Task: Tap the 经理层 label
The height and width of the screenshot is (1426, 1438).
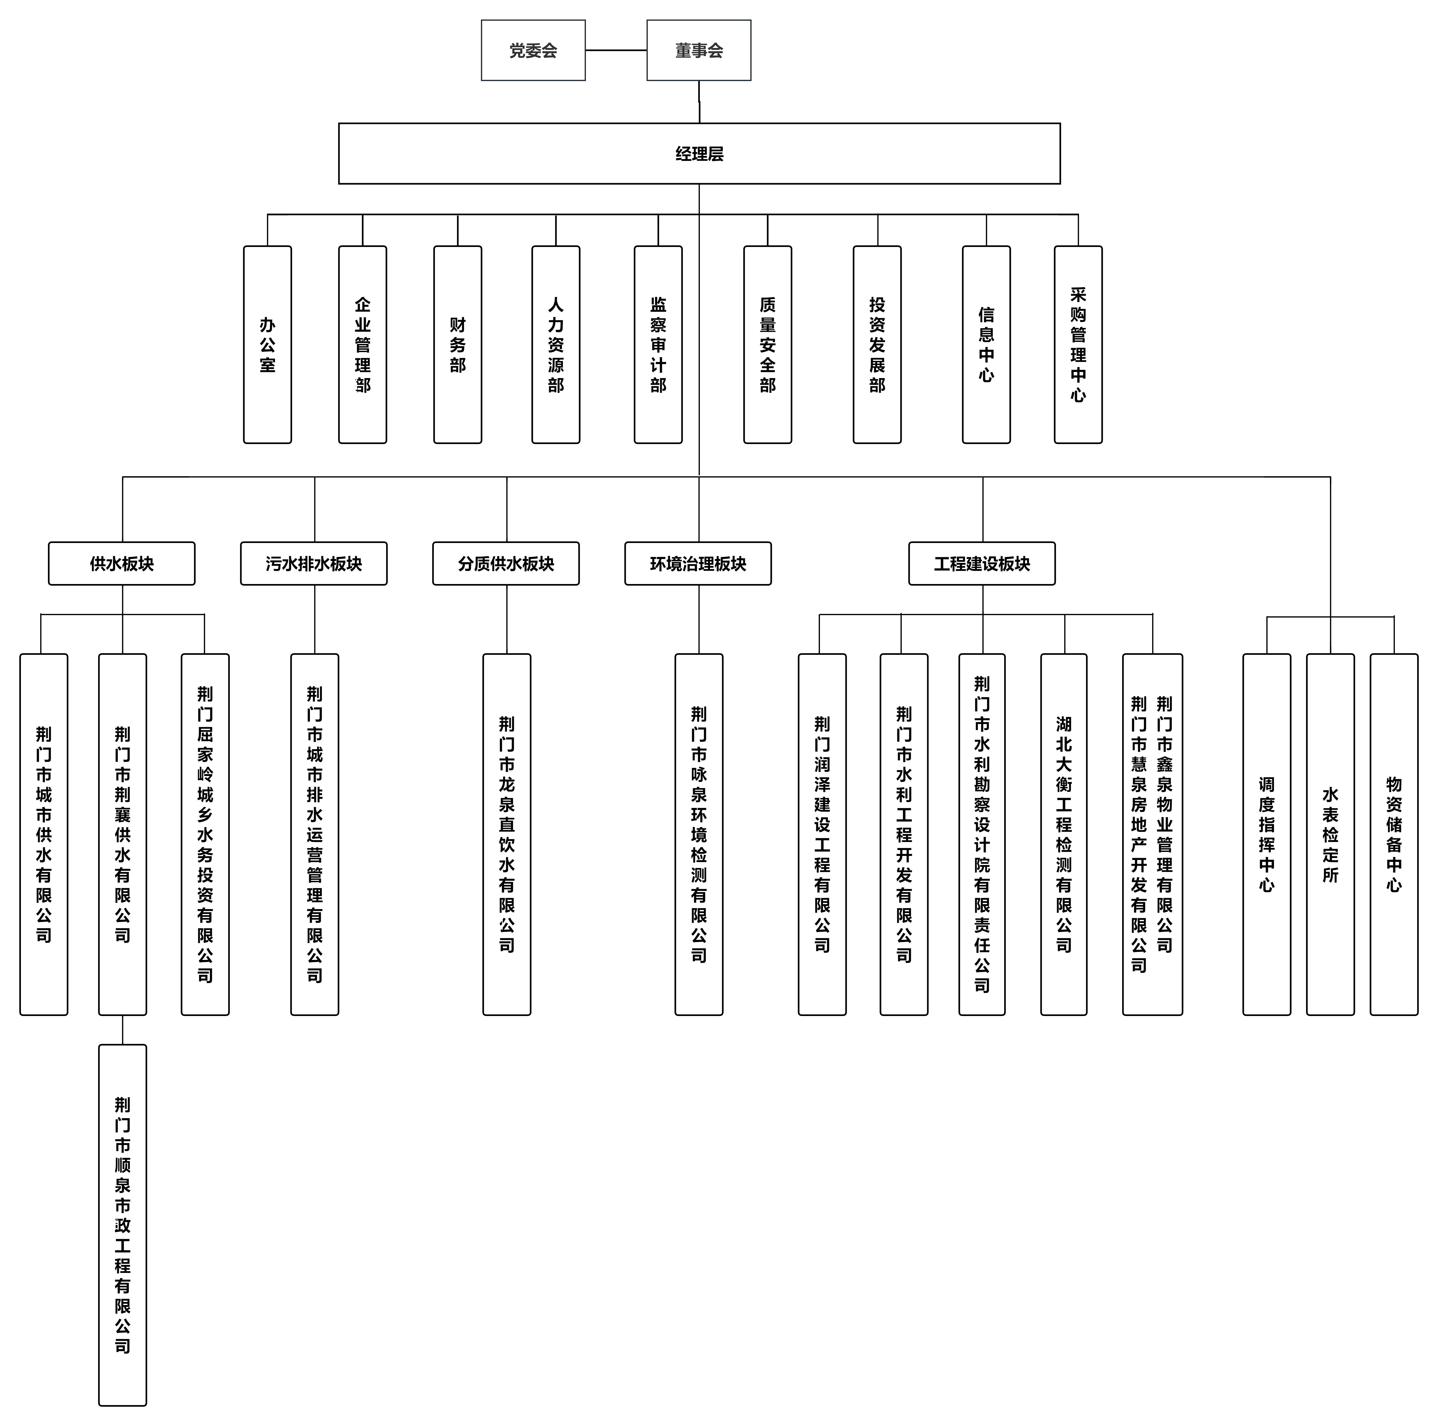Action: pyautogui.click(x=699, y=153)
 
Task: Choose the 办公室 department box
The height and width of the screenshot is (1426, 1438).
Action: pyautogui.click(x=267, y=345)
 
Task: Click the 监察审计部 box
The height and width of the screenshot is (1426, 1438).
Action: pyautogui.click(x=658, y=345)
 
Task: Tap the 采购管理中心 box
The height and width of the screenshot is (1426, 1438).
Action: pyautogui.click(x=1078, y=345)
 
